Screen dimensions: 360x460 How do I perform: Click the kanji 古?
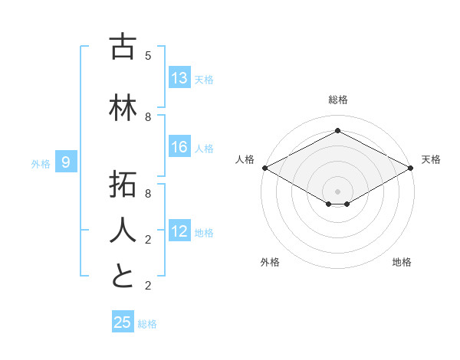coord(123,47)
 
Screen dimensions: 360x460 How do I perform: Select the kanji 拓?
coord(123,185)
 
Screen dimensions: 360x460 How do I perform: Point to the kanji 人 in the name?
coord(123,230)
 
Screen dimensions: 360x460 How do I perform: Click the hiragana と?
coord(123,276)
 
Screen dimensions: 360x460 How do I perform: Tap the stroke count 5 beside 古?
coord(148,56)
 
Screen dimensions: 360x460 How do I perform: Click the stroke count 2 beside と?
coord(148,286)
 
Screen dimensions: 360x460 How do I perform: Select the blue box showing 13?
coord(179,79)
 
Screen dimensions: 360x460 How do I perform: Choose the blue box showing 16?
coord(179,148)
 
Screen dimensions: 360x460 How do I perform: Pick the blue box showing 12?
coord(179,232)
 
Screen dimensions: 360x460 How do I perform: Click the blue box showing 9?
coord(66,162)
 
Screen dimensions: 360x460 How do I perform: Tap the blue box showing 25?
coord(123,322)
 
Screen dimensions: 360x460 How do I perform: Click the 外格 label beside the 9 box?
coord(41,163)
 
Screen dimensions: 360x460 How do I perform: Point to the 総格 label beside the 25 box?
coord(147,324)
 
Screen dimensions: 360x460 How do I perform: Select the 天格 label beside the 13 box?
coord(204,80)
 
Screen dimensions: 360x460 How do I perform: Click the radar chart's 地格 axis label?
coord(402,262)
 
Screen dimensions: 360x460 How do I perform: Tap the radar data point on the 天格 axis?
coord(412,168)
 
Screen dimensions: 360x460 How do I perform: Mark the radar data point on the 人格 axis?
coord(264,168)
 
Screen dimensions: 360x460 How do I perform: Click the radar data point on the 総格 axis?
coord(337,130)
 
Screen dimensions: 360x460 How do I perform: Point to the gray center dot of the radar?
coord(337,190)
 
